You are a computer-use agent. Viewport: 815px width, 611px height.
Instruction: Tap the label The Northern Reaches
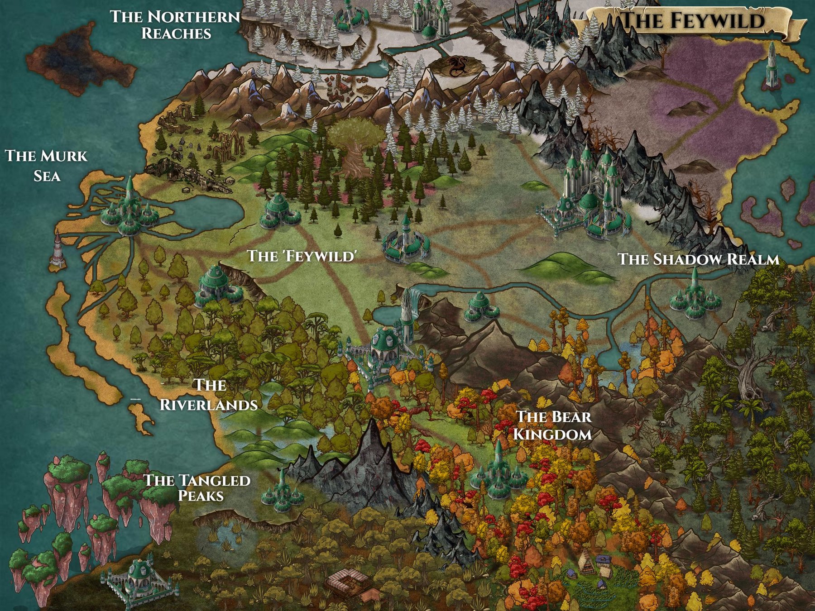(175, 25)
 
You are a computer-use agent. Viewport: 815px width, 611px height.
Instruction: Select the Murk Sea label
(46, 166)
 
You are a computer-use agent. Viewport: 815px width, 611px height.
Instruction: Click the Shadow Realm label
(698, 259)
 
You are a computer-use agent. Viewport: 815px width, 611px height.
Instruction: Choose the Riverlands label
(209, 395)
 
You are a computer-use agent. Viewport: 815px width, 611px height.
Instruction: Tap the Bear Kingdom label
(553, 425)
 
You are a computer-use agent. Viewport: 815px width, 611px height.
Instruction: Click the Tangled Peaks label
(197, 487)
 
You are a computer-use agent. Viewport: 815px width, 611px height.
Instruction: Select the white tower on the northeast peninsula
(771, 66)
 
